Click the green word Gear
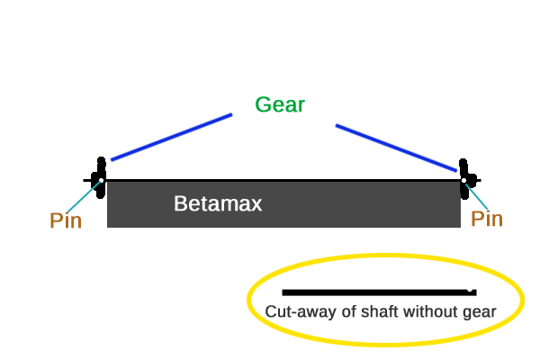tap(280, 104)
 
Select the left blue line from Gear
tap(172, 137)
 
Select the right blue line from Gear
tap(396, 148)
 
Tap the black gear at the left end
tap(100, 178)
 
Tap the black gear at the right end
tap(465, 179)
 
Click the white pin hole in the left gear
tap(101, 181)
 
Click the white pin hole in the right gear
tap(463, 181)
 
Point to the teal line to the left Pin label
tap(84, 197)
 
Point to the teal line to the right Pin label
tap(477, 197)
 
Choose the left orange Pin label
tap(66, 220)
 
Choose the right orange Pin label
tap(487, 219)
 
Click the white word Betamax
tap(218, 203)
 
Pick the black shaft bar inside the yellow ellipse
tap(379, 292)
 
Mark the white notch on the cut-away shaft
tap(470, 291)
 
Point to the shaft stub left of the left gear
tap(87, 180)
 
